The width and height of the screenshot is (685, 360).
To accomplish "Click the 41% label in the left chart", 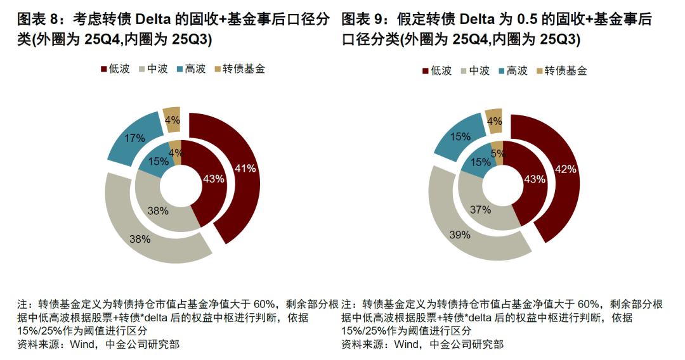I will pyautogui.click(x=245, y=169).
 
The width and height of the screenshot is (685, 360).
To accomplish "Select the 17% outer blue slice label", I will pyautogui.click(x=134, y=138).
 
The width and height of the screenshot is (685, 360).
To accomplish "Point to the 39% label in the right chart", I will pyautogui.click(x=460, y=235).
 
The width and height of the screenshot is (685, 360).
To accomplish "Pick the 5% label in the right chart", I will pyautogui.click(x=498, y=153).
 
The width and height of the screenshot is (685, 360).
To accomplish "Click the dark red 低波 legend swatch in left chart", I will pyautogui.click(x=104, y=68).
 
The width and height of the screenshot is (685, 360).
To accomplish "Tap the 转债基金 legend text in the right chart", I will pyautogui.click(x=566, y=71).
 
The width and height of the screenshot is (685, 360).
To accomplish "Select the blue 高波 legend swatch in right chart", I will pyautogui.click(x=503, y=71).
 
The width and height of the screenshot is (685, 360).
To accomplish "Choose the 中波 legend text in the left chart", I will pyautogui.click(x=157, y=68).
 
